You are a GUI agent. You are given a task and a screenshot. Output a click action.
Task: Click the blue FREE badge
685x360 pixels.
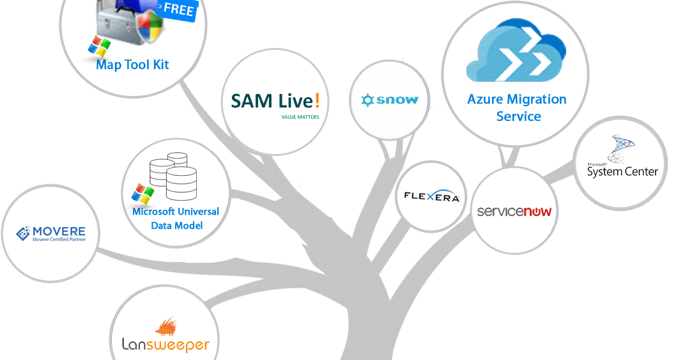(x=178, y=10)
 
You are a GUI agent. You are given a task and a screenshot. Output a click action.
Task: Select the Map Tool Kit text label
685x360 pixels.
(x=132, y=65)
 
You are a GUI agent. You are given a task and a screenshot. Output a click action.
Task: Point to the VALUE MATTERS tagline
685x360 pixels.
(x=300, y=117)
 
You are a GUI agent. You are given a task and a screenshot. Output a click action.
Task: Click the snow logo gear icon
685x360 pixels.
(x=367, y=100)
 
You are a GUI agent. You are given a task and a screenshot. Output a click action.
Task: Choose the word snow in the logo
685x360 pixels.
(x=397, y=100)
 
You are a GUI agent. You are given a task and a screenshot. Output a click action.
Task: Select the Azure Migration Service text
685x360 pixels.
(x=516, y=107)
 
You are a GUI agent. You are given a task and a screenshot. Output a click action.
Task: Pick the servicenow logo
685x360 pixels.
(x=514, y=211)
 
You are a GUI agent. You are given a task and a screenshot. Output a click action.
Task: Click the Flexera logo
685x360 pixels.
(x=432, y=197)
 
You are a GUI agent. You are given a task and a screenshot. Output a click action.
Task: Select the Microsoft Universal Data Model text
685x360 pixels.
(x=175, y=218)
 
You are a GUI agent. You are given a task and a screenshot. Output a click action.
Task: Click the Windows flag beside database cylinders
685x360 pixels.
(x=142, y=194)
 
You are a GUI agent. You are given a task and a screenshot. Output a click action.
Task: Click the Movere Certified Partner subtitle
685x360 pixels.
(x=59, y=241)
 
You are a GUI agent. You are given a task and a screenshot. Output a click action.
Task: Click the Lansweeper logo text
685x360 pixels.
(x=165, y=345)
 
